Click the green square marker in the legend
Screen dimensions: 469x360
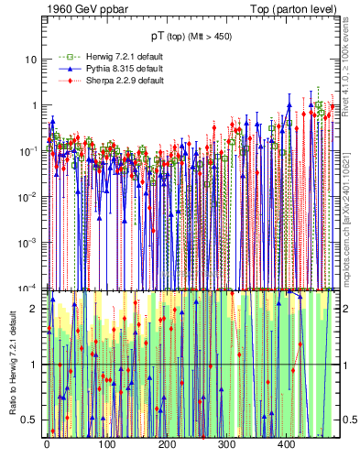click(x=64, y=55)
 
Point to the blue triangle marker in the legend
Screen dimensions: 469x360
click(x=64, y=68)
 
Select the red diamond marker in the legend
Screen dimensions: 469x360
click(x=64, y=81)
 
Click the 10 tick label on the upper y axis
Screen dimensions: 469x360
click(x=31, y=60)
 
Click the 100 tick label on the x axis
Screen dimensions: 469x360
click(x=106, y=445)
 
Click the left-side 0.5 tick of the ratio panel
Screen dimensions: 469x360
click(x=34, y=420)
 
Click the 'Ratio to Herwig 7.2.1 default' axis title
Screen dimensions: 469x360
click(x=12, y=365)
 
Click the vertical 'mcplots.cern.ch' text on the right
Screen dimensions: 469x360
click(x=350, y=206)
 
